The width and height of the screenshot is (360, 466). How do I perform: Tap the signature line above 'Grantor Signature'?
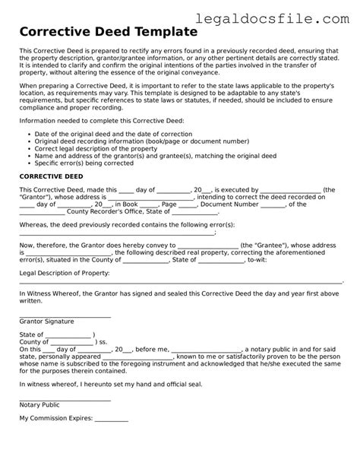point(65,315)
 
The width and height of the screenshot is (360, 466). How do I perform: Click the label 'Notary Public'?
point(46,404)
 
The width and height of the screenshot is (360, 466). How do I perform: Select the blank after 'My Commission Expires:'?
point(111,418)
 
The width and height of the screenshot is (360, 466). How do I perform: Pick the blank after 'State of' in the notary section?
point(69,334)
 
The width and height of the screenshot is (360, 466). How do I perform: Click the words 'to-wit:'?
point(259,259)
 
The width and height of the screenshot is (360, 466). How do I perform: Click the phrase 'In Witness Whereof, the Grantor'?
point(74,293)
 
